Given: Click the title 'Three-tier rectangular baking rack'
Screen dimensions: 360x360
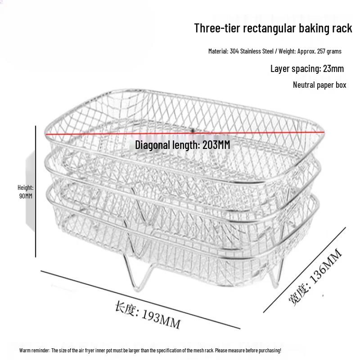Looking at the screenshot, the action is [273, 28].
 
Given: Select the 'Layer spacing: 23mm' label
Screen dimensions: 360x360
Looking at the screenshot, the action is [307, 69].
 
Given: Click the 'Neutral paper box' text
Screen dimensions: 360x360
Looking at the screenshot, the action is [319, 85].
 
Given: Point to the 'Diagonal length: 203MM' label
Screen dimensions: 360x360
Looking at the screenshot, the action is [183, 145].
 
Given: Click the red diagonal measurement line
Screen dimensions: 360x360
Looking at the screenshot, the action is [185, 133].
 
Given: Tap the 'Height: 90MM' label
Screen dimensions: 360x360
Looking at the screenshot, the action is [26, 192].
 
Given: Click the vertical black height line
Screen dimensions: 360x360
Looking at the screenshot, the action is [36, 192].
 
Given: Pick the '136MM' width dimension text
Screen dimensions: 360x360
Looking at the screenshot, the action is [326, 266].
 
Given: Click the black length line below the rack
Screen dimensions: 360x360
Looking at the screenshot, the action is [140, 300].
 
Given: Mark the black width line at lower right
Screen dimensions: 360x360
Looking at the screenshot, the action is [305, 270].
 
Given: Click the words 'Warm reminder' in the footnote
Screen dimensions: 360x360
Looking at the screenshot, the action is [34, 351].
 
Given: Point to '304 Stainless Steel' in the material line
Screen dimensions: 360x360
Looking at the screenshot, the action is [252, 51].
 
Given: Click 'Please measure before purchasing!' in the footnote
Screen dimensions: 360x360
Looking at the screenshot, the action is [248, 351].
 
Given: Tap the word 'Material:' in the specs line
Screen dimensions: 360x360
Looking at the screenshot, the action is [218, 51].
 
